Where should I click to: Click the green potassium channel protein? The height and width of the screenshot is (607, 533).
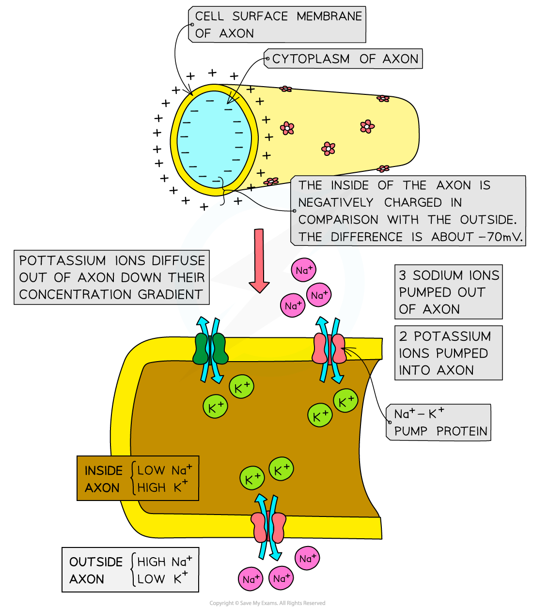tap(210, 349)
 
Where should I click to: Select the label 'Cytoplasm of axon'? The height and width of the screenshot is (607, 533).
tap(345, 59)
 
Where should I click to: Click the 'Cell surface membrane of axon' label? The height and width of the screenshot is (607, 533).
tap(278, 25)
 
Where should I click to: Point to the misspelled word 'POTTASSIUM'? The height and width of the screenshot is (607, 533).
tap(62, 260)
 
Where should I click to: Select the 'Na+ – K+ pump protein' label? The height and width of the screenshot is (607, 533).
tap(439, 423)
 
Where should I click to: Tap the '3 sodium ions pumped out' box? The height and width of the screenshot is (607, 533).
tap(448, 292)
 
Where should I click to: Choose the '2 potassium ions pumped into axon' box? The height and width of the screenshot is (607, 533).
tap(448, 353)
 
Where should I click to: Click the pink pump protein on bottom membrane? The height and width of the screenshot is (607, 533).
tap(268, 527)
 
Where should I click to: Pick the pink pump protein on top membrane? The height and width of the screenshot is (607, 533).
tap(329, 349)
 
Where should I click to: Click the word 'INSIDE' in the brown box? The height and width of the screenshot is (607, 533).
tap(103, 470)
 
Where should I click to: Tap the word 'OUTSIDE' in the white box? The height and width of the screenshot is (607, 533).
tap(96, 561)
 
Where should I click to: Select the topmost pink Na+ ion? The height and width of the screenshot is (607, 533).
tap(304, 270)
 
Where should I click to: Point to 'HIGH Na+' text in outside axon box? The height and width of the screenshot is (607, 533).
tap(164, 561)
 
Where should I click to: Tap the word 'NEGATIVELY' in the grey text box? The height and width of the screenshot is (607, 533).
tap(336, 202)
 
